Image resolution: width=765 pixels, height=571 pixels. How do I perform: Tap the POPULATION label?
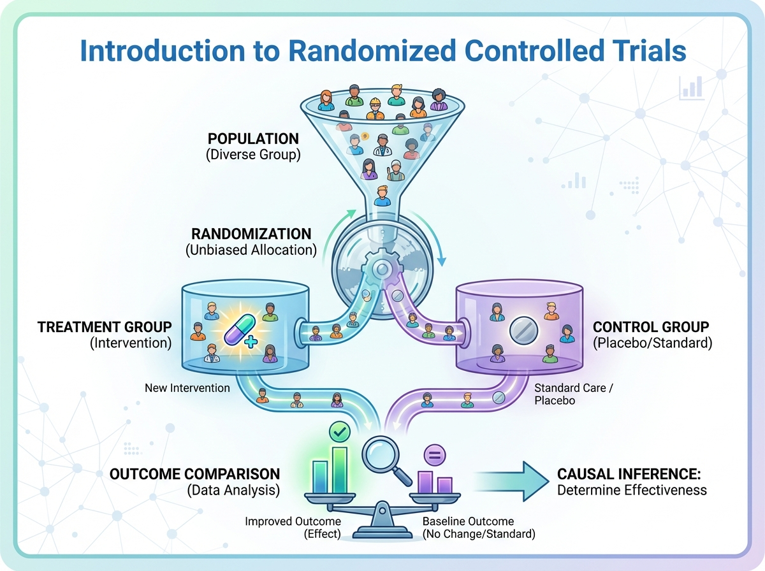click(253, 138)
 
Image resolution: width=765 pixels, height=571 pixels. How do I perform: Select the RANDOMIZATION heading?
click(251, 233)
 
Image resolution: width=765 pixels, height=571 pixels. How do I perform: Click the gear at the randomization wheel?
click(381, 270)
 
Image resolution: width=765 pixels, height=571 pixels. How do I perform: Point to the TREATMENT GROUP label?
click(105, 327)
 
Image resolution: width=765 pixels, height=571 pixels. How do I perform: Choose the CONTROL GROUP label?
click(651, 327)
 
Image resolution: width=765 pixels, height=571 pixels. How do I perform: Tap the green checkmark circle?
click(339, 433)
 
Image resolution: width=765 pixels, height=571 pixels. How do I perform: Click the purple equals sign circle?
click(435, 455)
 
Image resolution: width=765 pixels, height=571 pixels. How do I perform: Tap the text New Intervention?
click(187, 387)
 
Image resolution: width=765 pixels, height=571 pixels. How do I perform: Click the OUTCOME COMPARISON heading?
click(194, 474)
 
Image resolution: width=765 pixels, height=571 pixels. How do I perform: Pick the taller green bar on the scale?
click(339, 470)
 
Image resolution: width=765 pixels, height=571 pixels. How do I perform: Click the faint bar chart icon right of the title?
click(691, 87)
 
